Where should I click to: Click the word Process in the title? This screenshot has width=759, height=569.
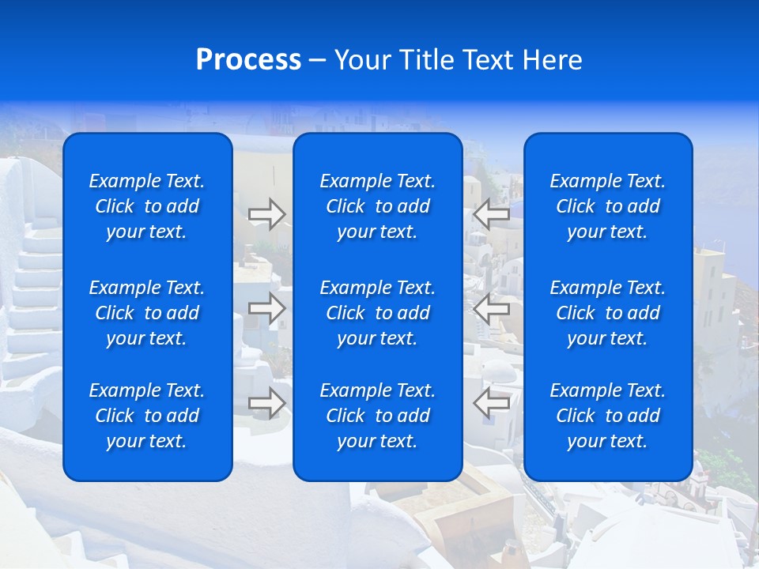248,60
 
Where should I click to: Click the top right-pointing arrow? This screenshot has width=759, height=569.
267,213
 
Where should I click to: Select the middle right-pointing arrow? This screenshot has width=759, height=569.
267,308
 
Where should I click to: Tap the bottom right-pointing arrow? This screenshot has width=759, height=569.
267,402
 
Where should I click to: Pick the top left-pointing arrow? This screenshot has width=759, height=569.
491,213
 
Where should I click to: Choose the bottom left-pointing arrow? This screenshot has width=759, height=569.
491,402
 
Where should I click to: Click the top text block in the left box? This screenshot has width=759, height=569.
147,206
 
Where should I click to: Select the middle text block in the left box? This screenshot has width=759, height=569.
147,313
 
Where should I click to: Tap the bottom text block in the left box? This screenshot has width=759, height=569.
147,416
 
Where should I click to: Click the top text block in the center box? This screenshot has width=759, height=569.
378,206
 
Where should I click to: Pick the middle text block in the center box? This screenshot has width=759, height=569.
378,313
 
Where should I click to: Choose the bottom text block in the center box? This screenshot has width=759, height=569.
378,416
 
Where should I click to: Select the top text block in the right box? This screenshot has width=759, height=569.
608,206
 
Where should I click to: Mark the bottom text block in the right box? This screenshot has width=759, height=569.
608,416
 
